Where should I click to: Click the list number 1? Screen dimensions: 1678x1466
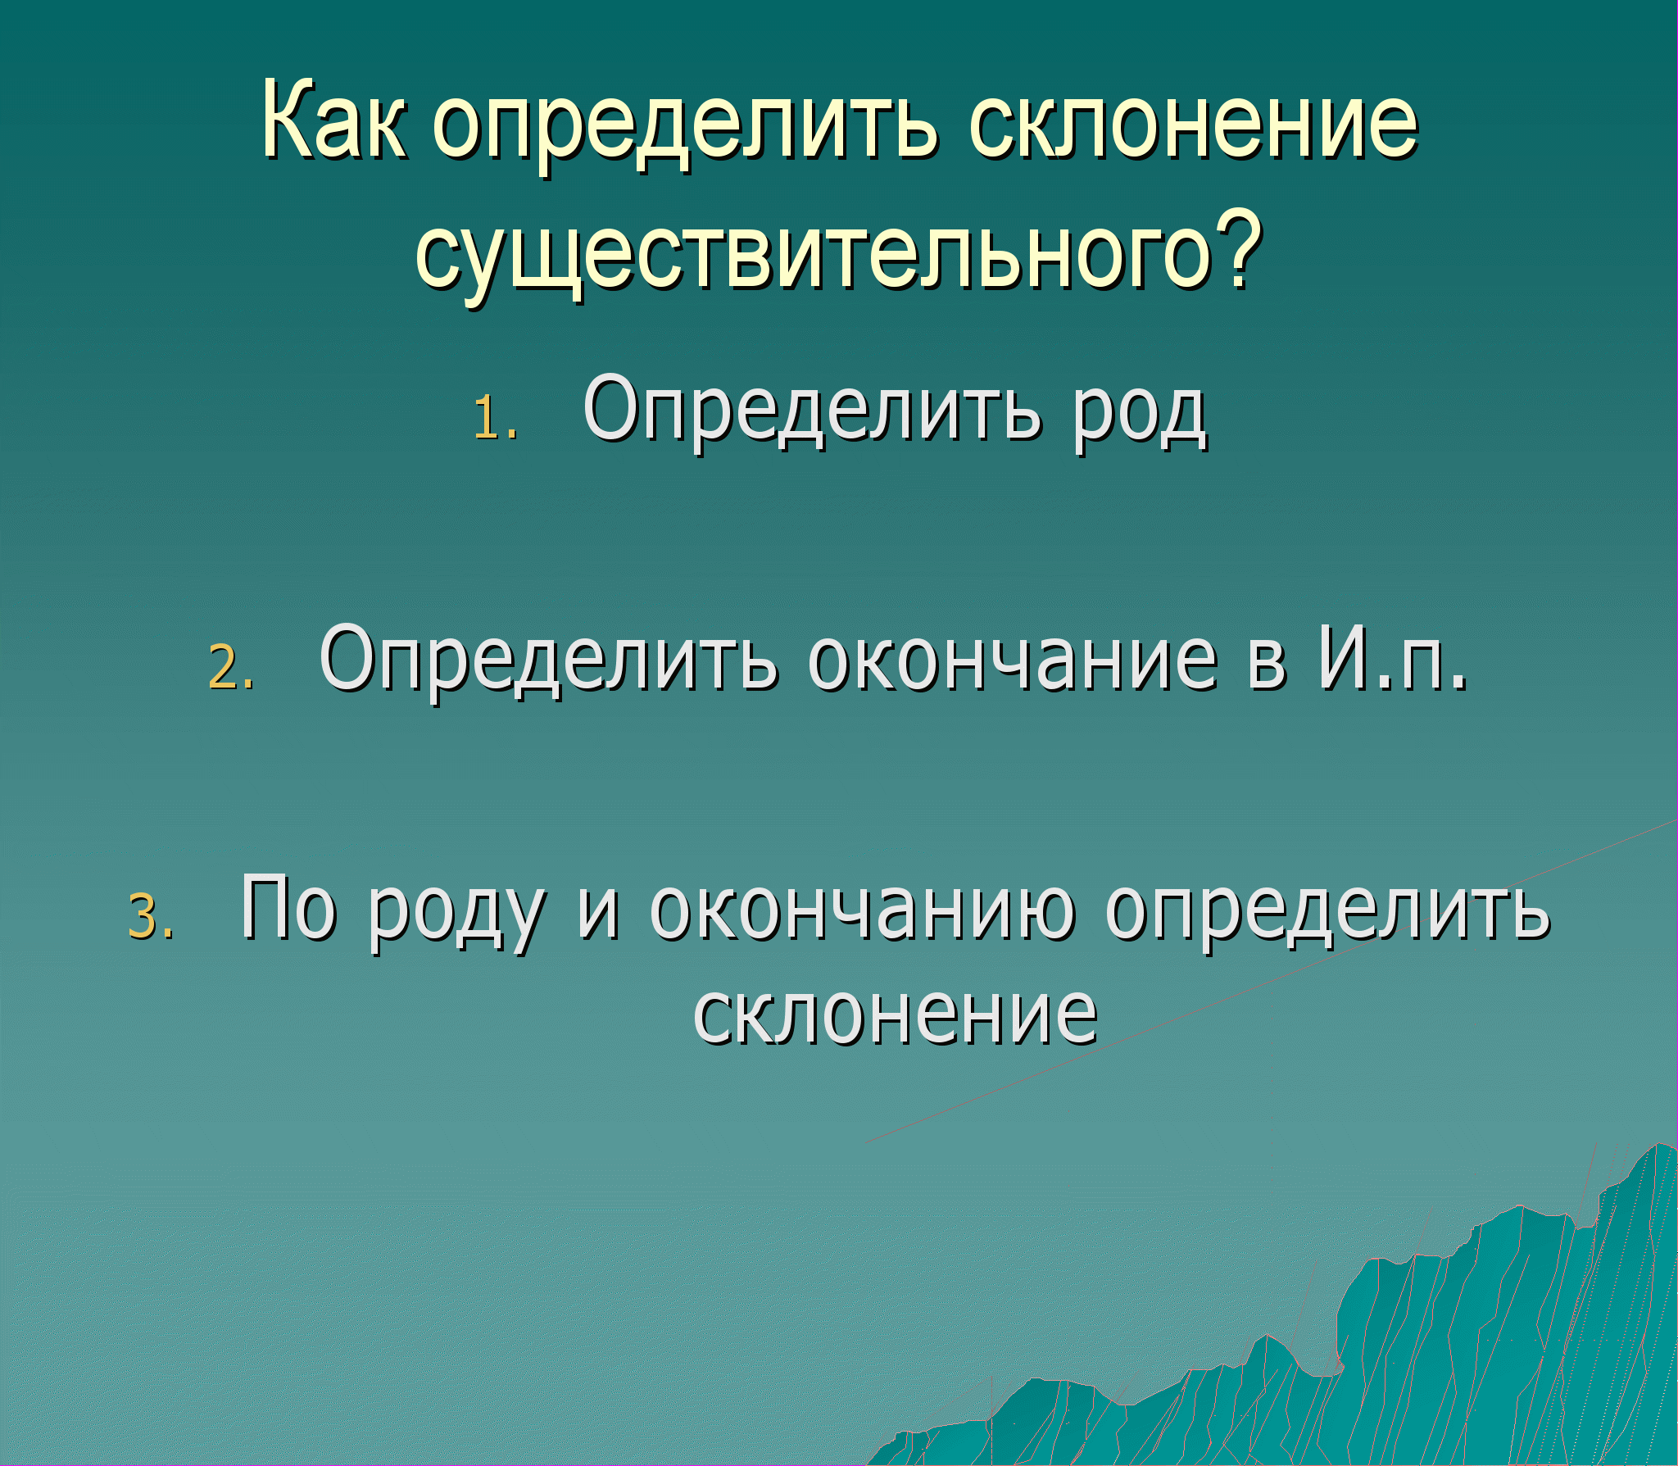click(x=496, y=417)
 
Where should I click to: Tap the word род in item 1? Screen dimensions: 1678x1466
click(x=1140, y=418)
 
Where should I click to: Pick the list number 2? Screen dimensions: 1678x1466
click(x=231, y=666)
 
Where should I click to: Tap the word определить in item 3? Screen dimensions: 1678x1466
click(x=1327, y=915)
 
